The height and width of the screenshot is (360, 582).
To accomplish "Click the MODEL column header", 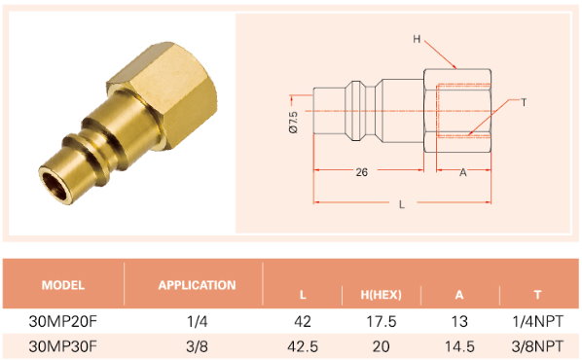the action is coord(62,285).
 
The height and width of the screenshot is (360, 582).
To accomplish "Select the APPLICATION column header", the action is coord(197,285).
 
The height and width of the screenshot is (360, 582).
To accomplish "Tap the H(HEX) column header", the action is coord(381,295).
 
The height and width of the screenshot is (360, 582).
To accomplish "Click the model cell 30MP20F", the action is coord(62,321).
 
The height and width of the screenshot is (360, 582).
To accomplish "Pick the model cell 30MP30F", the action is coord(62,346).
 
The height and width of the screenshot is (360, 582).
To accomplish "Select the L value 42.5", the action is coord(303,346).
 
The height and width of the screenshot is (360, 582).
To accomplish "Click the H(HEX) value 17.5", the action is coord(382,321).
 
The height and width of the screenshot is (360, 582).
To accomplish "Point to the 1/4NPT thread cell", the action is coord(537,321).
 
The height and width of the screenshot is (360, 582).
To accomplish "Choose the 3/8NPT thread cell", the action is coord(537,346).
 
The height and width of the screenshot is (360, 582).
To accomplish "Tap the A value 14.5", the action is coord(459,346).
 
